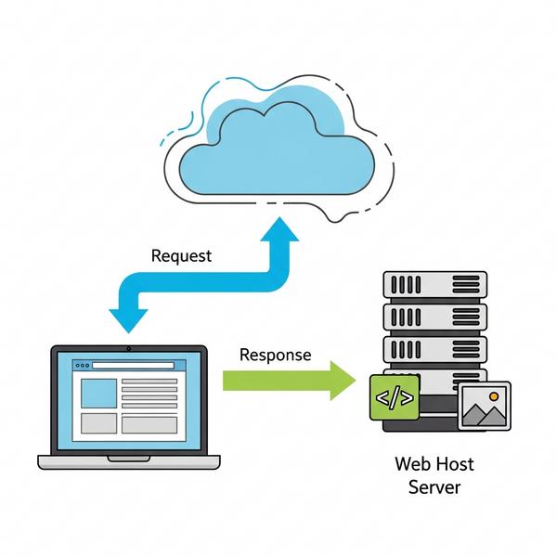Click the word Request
click(181, 255)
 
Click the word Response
click(275, 355)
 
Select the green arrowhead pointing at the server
click(343, 381)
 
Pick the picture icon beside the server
click(484, 406)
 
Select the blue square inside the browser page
click(98, 393)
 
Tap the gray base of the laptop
click(128, 461)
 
